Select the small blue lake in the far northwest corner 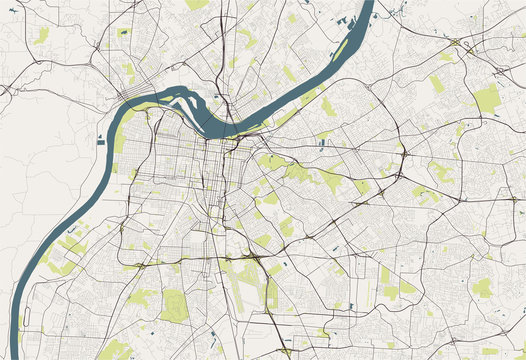[20, 11]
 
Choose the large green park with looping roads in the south [174, 305]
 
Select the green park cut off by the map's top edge [197, 4]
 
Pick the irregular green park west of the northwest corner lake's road [41, 35]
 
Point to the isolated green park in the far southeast [482, 287]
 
